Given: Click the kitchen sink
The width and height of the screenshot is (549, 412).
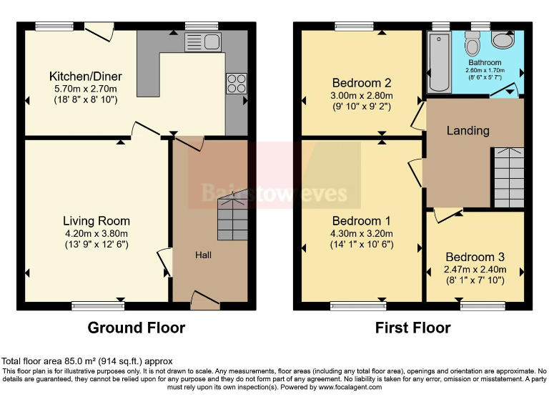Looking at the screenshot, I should coord(204,42).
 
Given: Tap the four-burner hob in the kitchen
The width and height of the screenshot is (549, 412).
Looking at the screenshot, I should coord(236,83).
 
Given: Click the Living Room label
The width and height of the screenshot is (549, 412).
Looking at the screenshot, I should coord(96,221).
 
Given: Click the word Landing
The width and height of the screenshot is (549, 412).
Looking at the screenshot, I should coord(468,130).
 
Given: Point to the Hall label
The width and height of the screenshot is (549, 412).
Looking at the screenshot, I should coord(204,255).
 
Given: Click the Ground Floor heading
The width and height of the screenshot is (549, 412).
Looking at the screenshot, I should coord(136,328).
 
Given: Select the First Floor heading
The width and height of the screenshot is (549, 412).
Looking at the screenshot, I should coord(412,328).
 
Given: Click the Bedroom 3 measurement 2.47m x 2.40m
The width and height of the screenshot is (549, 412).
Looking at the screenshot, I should coord(475,270).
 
